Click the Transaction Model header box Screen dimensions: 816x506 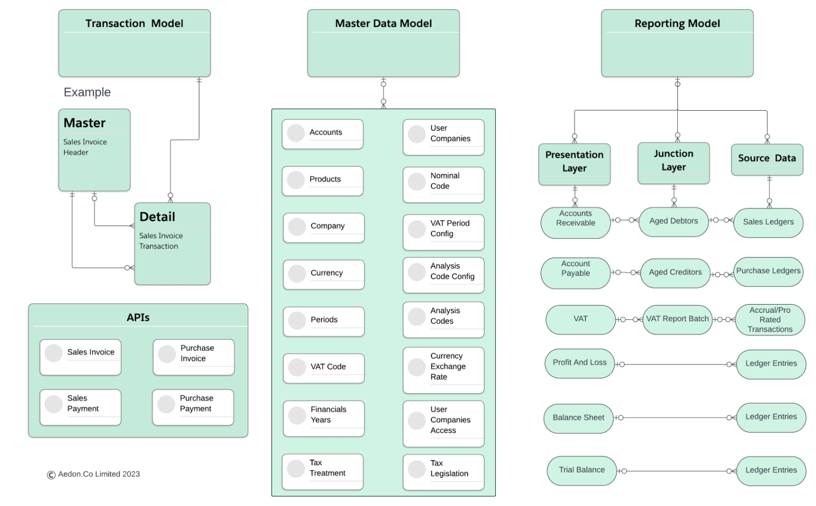134,43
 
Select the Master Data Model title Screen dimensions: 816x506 383,23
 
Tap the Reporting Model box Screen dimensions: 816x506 677,43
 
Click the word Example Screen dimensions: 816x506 87,92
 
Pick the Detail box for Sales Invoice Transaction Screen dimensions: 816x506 172,244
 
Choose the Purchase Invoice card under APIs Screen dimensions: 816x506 194,357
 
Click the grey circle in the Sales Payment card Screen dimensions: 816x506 53,404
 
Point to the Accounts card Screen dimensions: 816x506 323,134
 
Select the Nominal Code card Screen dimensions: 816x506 444,185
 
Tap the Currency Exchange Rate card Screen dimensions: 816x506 444,370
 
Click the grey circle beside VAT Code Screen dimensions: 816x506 297,367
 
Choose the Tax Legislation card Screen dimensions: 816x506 444,472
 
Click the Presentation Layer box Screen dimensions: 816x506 575,164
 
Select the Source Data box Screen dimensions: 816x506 767,159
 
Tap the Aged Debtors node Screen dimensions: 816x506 673,222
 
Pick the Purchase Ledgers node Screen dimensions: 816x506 768,272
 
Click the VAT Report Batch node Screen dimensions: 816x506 678,320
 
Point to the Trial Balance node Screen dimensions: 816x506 582,471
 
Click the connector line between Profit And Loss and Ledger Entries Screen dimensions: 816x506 676,365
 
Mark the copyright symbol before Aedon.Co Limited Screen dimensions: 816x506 51,475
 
